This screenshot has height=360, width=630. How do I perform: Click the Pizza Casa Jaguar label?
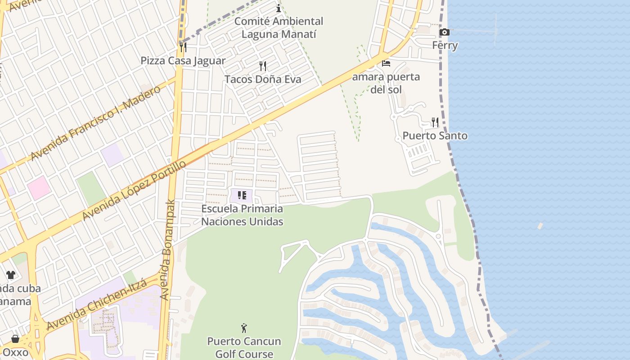(x=183, y=61)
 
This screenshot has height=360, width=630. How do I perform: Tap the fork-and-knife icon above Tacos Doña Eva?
(x=263, y=66)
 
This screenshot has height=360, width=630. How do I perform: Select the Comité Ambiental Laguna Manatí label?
(x=279, y=27)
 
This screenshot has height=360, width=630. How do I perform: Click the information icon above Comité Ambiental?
(x=279, y=8)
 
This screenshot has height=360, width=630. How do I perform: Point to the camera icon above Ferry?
(x=445, y=32)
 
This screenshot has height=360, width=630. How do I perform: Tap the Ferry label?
(x=445, y=45)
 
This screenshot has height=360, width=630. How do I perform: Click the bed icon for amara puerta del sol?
(x=386, y=63)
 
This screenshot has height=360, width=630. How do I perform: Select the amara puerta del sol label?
(x=386, y=83)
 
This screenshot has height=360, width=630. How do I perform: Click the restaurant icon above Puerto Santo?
(x=435, y=122)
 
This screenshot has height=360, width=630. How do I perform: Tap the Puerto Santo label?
(x=435, y=136)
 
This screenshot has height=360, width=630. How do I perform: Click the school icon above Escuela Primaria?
(x=242, y=196)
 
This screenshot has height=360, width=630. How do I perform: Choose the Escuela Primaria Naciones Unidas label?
(x=242, y=215)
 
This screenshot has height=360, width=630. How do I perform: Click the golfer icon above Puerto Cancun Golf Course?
(x=244, y=328)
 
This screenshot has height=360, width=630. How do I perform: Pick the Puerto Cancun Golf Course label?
(x=244, y=348)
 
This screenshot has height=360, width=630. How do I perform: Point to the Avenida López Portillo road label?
(x=134, y=191)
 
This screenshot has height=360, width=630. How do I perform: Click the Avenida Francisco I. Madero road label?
(x=95, y=123)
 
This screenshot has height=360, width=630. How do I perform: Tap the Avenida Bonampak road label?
(x=167, y=250)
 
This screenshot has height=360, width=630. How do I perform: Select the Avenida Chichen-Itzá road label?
(x=97, y=304)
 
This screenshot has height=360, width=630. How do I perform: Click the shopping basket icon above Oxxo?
(x=15, y=339)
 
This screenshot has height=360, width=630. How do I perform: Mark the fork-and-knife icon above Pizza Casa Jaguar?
(x=183, y=47)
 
